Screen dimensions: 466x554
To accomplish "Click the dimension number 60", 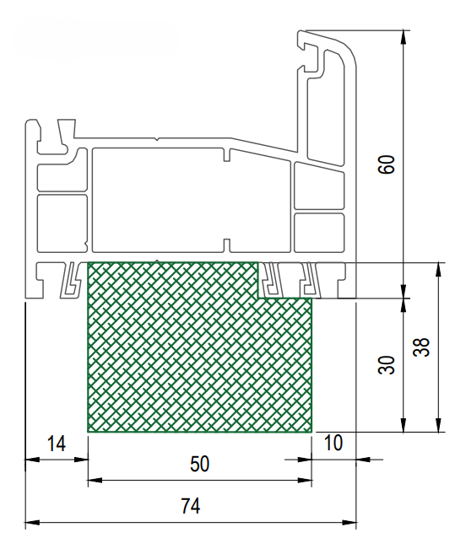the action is click(386, 164).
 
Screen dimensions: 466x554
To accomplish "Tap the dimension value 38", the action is click(421, 347).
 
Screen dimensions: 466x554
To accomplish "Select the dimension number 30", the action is click(386, 365).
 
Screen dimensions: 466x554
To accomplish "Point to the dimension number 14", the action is click(57, 444).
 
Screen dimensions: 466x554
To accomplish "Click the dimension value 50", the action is click(199, 464).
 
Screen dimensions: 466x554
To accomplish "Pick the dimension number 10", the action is click(333, 443).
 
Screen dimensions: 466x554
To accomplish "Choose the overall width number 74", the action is click(190, 506).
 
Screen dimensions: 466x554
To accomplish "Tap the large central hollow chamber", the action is click(191, 201).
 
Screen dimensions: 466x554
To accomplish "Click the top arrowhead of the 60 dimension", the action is click(403, 37).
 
